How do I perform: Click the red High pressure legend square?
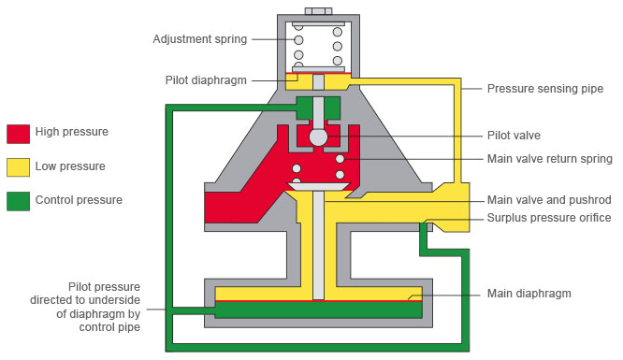19,134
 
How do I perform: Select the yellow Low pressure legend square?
19,167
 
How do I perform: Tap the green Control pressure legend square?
19,201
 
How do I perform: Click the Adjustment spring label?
200,39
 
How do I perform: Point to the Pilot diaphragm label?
206,80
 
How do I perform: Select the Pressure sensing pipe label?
545,89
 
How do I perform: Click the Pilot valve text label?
514,136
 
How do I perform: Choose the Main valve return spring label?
550,159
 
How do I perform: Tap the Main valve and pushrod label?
549,200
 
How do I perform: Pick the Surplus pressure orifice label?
549,218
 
